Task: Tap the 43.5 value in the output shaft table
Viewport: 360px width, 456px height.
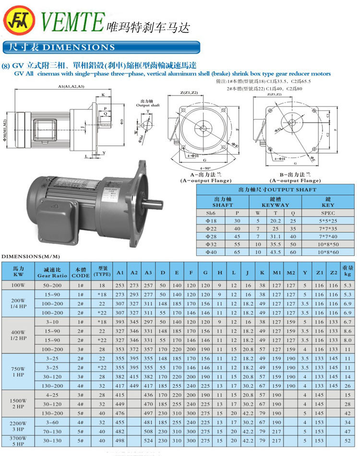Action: [276, 252]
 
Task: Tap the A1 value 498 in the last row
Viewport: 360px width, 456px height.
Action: [120, 440]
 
